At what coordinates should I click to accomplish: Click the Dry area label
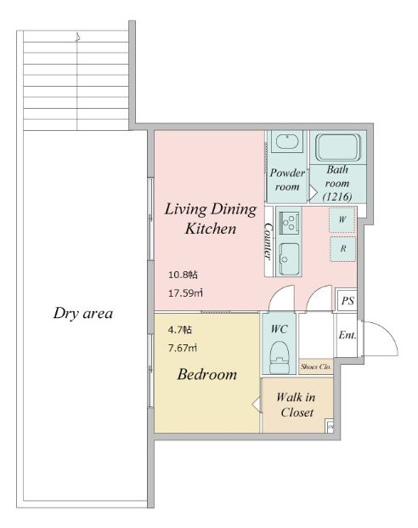tap(82, 313)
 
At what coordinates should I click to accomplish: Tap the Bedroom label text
tap(207, 374)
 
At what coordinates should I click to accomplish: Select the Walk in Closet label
tap(297, 405)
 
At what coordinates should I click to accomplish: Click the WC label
tap(279, 329)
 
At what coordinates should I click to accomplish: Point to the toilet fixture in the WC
tap(280, 357)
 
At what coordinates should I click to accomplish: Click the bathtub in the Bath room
tap(338, 147)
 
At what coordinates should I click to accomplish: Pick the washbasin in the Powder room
tap(287, 141)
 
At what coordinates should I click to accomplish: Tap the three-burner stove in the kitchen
tap(289, 222)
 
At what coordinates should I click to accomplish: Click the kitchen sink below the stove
tap(289, 258)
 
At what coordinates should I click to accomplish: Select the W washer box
tap(342, 220)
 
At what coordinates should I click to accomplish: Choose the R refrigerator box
tap(342, 249)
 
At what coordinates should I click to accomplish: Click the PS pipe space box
tap(347, 301)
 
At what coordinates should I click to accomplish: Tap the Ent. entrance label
tap(347, 335)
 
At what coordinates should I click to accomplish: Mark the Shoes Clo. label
tap(316, 366)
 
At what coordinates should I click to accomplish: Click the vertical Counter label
tap(268, 241)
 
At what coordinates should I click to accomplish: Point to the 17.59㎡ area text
tap(185, 293)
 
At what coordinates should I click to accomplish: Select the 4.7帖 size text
tap(180, 329)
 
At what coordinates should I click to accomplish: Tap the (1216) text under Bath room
tap(337, 196)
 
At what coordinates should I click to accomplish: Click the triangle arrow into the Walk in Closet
tap(257, 405)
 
